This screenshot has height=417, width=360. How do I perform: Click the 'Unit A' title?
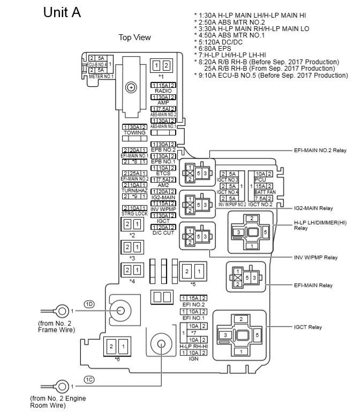pos(62,12)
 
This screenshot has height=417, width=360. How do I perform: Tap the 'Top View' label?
pos(134,38)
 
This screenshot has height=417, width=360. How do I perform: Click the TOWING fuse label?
pos(134,132)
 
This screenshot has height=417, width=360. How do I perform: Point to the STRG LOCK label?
pos(134,213)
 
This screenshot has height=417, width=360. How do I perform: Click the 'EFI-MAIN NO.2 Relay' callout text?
pos(320,151)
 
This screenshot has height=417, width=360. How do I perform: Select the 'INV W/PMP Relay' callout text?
pos(316,257)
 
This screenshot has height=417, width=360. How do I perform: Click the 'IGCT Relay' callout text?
pos(307,326)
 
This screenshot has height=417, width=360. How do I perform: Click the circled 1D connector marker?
pos(89,304)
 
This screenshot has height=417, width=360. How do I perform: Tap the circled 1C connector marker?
pos(89,379)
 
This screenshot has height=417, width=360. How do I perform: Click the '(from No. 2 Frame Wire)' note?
pos(57,327)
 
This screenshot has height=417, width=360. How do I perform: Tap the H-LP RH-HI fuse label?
pos(193,346)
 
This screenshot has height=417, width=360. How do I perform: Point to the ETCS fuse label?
pos(163,173)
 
